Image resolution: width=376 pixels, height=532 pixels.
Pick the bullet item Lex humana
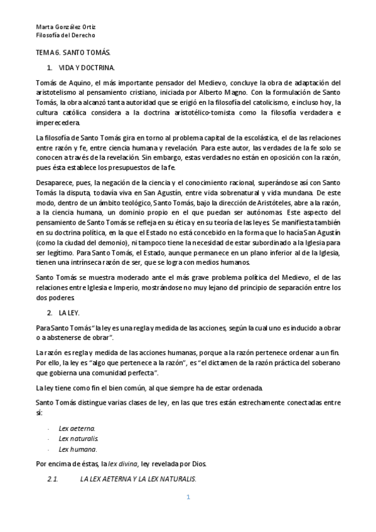pos(77,449)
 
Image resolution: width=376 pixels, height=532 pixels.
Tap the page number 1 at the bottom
pos(188,497)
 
